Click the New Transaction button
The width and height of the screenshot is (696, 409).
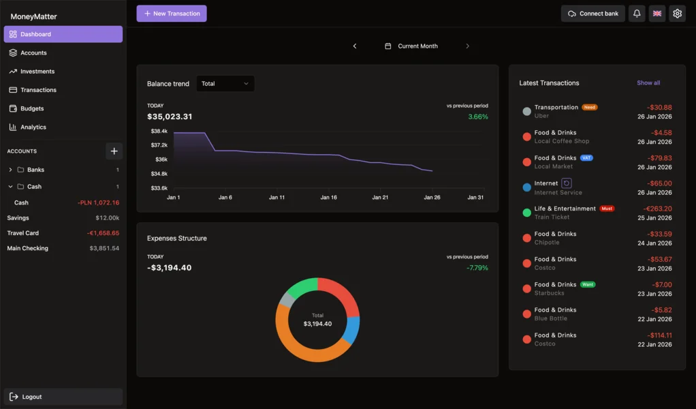pos(171,14)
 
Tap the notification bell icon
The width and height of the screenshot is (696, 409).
pos(637,14)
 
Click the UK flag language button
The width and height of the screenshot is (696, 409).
pos(657,14)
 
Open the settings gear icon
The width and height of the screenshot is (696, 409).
pos(677,14)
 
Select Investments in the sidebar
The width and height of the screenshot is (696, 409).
pos(37,72)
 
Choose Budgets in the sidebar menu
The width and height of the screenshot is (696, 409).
pos(32,108)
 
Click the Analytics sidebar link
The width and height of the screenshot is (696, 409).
pos(33,127)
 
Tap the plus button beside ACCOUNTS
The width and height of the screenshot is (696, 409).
pos(114,151)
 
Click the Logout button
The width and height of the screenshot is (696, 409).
pos(32,397)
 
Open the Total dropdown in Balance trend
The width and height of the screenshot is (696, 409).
pos(225,84)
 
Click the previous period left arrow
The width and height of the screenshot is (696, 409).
pos(355,46)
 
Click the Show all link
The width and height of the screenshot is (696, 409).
pos(648,83)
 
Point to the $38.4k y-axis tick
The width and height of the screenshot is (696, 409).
pos(159,131)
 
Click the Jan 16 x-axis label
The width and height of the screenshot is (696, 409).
pos(328,198)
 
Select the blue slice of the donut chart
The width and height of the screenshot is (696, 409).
pos(351,329)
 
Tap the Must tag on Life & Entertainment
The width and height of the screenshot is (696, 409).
pos(607,209)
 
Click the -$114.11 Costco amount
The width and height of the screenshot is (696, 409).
pos(659,335)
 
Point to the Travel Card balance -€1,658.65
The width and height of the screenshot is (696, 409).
pos(103,233)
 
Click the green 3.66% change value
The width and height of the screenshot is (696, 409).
pos(478,117)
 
